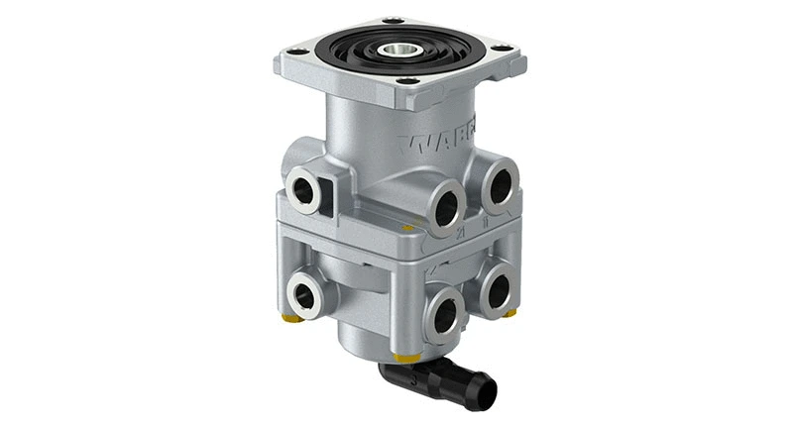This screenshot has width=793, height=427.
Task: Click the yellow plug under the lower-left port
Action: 290,321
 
